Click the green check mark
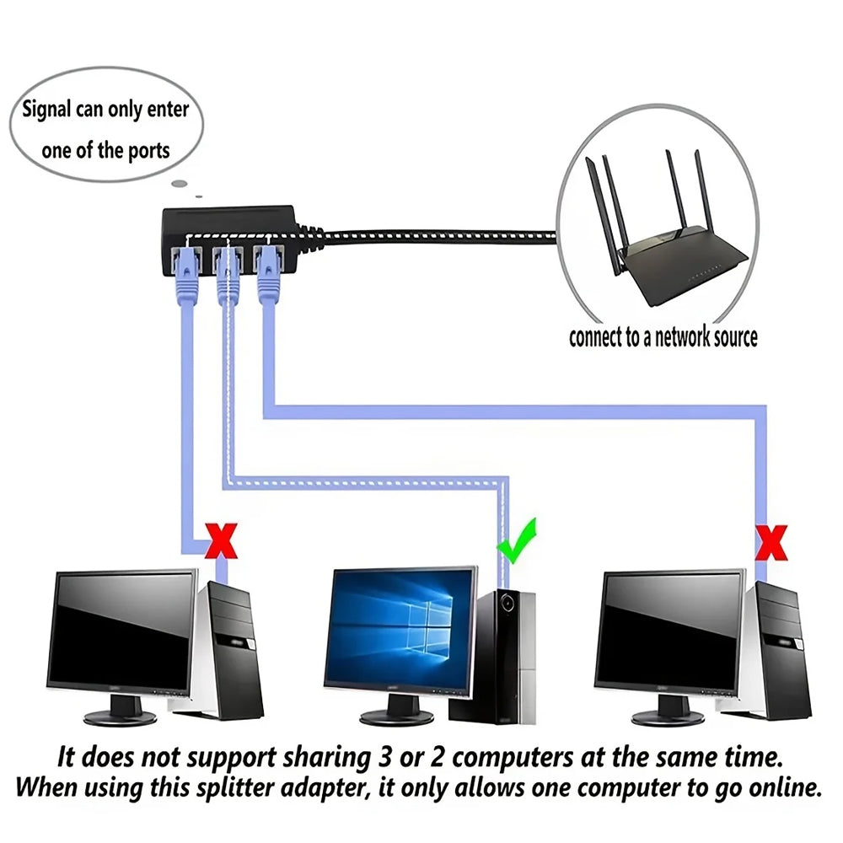516,542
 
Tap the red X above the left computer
222,540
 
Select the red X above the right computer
771,542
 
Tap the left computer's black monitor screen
122,631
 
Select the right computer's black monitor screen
669,631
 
